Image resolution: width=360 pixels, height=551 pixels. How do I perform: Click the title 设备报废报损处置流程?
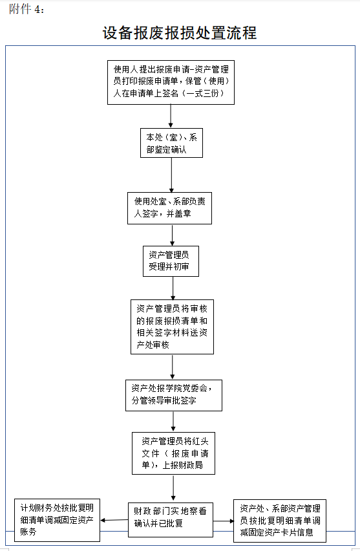tap(180, 32)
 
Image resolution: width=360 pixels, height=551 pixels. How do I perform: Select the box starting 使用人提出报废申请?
tap(171, 82)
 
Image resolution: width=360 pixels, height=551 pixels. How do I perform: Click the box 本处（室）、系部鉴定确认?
tap(171, 143)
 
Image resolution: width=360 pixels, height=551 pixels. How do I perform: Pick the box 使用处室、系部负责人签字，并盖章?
tap(169, 208)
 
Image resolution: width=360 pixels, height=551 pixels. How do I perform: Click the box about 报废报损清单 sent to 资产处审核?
tap(172, 327)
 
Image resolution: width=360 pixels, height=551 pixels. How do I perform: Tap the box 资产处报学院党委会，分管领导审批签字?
tap(173, 394)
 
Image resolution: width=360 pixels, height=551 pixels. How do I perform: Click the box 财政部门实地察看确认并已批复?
tap(170, 518)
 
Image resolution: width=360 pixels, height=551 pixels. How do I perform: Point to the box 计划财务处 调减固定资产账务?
tap(58, 519)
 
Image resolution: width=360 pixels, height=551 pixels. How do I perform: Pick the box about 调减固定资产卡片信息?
tap(279, 520)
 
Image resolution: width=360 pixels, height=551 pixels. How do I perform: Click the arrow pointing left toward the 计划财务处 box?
tap(114, 520)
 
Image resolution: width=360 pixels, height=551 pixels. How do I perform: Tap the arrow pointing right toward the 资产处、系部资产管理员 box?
tap(223, 521)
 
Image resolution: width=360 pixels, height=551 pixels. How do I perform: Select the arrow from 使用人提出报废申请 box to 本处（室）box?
tap(171, 116)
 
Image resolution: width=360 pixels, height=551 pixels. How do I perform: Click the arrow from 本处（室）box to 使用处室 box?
tap(171, 175)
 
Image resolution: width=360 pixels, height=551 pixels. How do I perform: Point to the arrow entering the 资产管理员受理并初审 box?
tap(171, 235)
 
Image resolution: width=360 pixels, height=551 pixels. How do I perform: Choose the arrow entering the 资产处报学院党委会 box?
tap(173, 367)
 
